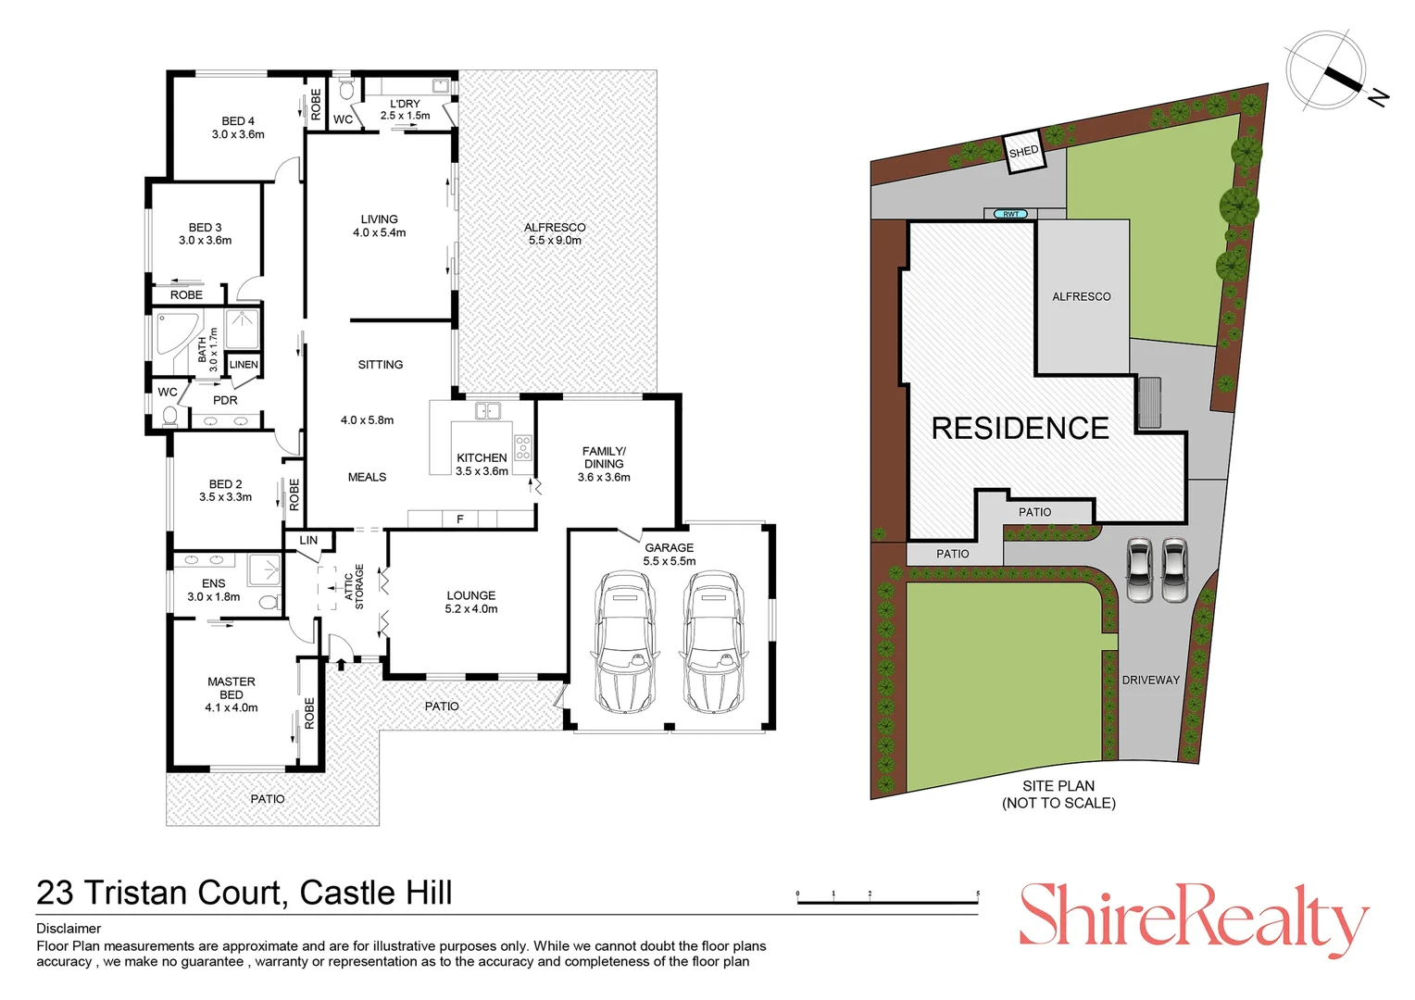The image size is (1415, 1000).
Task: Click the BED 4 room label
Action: coord(238,128)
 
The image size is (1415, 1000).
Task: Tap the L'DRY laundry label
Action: coord(405,109)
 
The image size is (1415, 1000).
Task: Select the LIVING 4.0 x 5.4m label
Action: coord(379,226)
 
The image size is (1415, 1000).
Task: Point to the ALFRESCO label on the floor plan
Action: coord(555,233)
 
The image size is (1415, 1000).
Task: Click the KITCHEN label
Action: coord(482,464)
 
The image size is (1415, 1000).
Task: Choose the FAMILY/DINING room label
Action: coord(604,464)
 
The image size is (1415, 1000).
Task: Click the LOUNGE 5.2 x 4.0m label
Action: coord(471,602)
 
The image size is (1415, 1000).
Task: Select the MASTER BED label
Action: coord(232,694)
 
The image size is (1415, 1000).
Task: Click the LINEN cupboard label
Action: coord(244,365)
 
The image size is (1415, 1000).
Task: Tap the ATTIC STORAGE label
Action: coord(354,587)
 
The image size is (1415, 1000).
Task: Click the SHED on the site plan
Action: coord(1024,152)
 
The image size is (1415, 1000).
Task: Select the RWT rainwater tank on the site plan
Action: coord(1010,214)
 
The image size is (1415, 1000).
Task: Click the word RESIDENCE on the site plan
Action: coord(1020,428)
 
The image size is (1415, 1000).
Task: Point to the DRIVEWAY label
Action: coord(1150,680)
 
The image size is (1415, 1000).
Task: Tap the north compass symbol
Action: coord(1326,70)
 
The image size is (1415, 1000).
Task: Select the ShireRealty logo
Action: coord(1193,917)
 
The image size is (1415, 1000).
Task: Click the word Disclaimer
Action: coord(69,928)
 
